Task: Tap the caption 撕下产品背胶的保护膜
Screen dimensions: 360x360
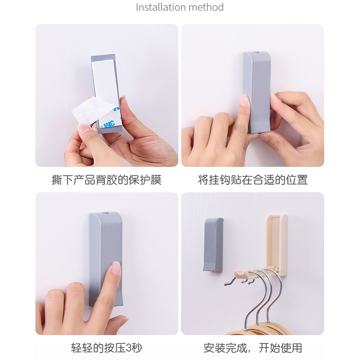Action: click(x=107, y=180)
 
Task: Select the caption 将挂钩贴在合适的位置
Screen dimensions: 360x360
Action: click(x=252, y=180)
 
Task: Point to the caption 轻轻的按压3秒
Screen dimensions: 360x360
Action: click(x=107, y=348)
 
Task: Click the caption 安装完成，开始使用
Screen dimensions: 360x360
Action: click(x=252, y=348)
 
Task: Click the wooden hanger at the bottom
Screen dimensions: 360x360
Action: click(x=252, y=331)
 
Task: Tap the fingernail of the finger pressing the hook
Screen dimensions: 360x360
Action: click(x=116, y=269)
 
